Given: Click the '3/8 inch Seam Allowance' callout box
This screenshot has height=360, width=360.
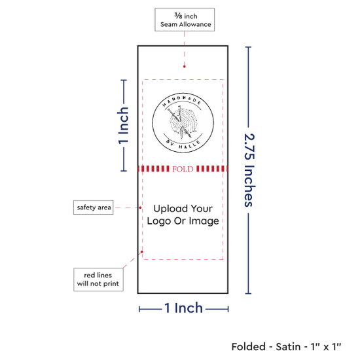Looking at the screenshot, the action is [185, 20].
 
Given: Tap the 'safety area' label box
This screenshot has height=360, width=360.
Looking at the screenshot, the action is [93, 207].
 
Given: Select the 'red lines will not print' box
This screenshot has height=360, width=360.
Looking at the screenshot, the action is [98, 279].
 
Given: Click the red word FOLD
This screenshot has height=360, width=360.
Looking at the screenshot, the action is [183, 169].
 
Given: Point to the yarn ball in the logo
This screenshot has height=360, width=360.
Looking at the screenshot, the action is [183, 122].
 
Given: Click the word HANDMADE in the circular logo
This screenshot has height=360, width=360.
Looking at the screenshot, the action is [183, 100].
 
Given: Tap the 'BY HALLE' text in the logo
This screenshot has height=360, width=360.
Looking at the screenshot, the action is [183, 145].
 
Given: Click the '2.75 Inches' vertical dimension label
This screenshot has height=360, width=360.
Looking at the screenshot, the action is [249, 170].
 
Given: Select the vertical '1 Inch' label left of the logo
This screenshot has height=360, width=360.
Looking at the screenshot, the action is [123, 126].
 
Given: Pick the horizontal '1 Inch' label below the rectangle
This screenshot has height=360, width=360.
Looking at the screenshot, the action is [184, 308].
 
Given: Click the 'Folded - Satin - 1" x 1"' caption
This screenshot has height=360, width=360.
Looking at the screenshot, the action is [286, 347].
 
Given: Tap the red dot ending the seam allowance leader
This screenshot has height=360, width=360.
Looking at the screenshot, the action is [185, 67].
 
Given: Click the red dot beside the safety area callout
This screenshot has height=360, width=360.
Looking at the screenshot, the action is [140, 207].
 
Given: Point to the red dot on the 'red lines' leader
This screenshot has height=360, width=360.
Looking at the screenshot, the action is [142, 252].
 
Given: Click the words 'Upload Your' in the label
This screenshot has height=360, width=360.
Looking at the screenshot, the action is [183, 209].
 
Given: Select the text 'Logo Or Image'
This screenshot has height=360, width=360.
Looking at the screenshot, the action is [183, 221].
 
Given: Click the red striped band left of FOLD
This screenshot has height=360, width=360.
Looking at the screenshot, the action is [154, 169].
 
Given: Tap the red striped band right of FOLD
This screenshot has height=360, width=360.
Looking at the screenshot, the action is [212, 169].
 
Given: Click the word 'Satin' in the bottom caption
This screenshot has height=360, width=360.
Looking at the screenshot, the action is [288, 347].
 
